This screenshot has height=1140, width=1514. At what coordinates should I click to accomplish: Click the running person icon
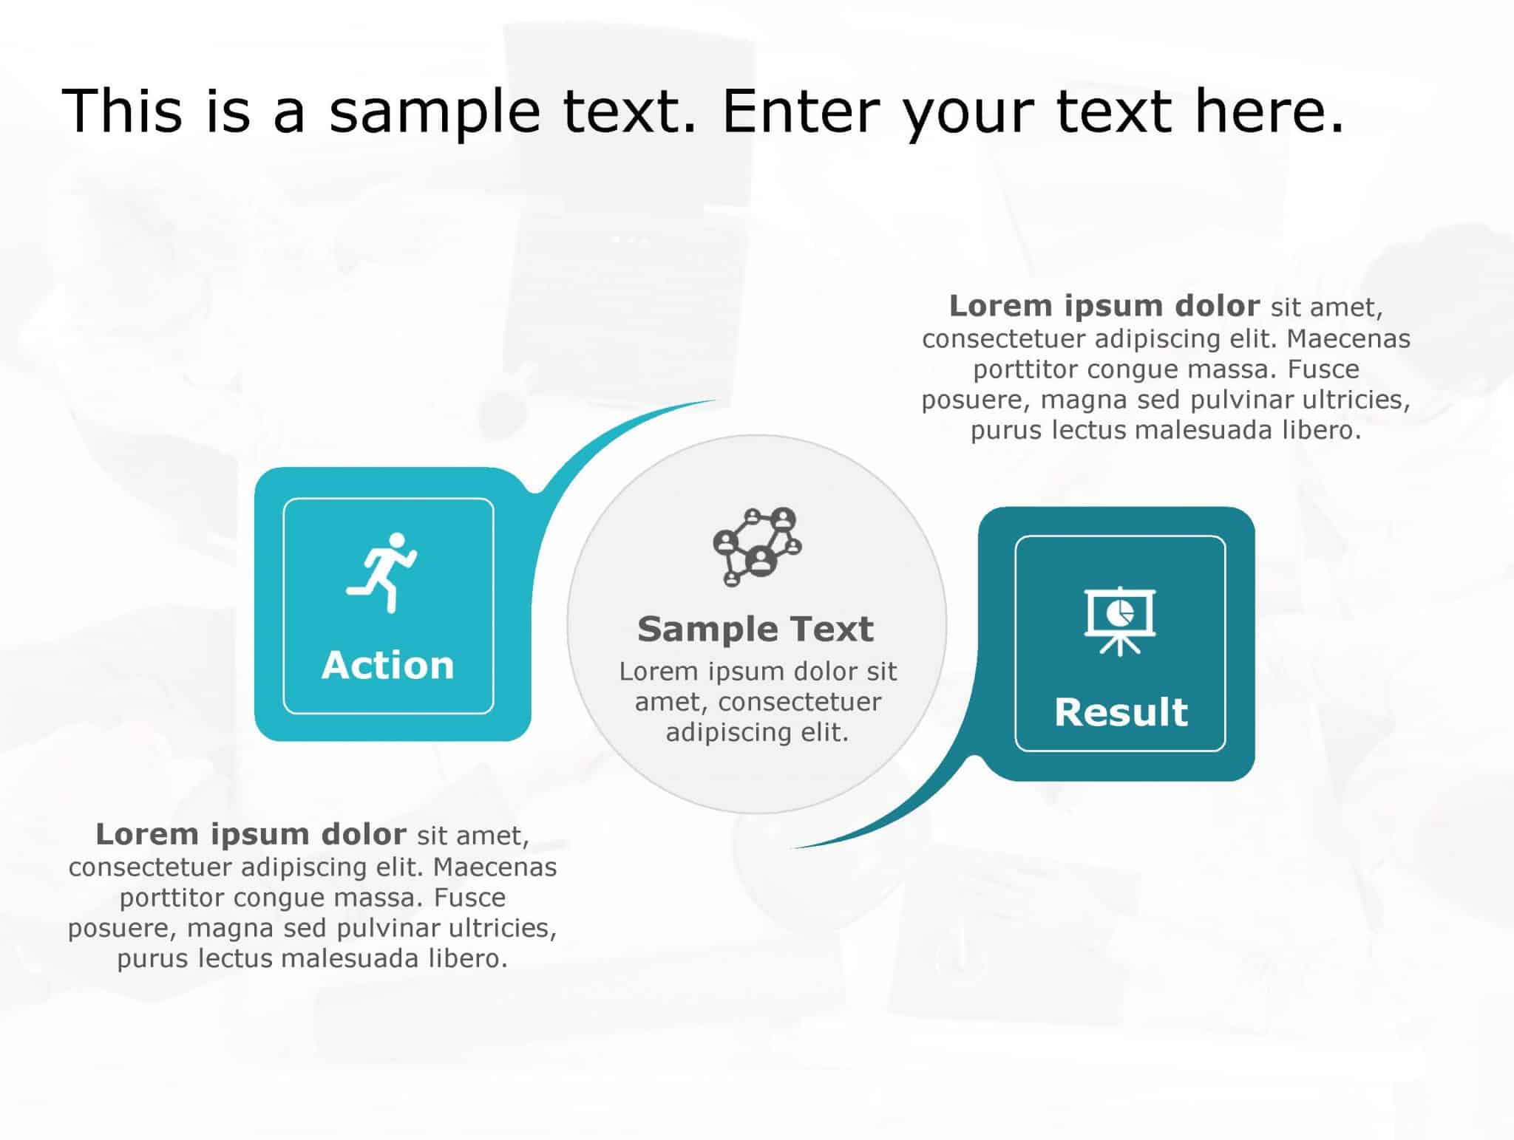tap(382, 573)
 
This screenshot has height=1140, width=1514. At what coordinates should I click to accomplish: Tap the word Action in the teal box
tap(388, 665)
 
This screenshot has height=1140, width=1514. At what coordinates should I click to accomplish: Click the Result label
tap(1121, 712)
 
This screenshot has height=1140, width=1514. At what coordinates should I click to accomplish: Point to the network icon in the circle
tap(757, 546)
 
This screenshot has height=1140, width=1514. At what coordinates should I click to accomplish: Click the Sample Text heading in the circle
tap(756, 629)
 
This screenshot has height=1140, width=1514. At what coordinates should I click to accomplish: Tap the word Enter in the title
tap(801, 111)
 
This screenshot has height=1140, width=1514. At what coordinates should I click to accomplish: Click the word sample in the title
tap(435, 111)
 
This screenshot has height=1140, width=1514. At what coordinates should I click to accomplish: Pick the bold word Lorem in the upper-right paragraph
tap(991, 306)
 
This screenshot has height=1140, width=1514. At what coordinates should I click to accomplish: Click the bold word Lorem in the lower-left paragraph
tap(137, 834)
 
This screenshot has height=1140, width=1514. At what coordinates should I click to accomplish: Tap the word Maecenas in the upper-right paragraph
tap(1348, 338)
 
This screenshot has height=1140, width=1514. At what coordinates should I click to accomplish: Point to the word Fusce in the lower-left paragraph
tap(469, 897)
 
